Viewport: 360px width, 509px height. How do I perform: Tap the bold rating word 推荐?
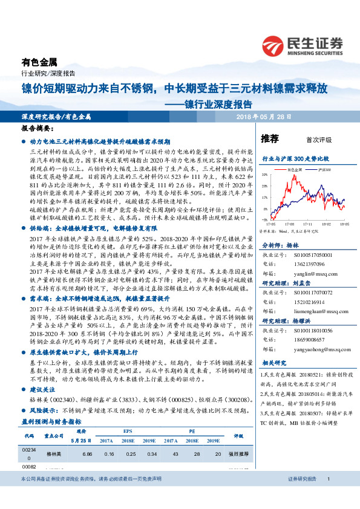click(270, 138)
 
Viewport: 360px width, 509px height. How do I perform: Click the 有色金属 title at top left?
click(39, 62)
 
